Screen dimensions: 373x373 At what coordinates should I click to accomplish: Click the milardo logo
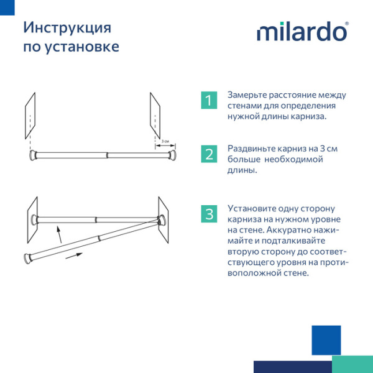pos(303,32)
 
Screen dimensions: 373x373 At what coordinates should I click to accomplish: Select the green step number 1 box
pos(209,99)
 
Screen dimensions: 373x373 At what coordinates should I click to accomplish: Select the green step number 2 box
pos(209,154)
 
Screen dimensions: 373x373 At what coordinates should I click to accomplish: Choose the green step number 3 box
pos(209,214)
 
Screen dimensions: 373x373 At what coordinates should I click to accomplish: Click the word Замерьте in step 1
pos(247,95)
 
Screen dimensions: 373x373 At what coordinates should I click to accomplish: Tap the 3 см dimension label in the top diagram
pos(165,142)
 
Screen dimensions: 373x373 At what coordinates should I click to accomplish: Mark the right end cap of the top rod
pos(176,154)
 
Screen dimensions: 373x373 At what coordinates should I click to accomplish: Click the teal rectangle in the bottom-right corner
pos(352,364)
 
